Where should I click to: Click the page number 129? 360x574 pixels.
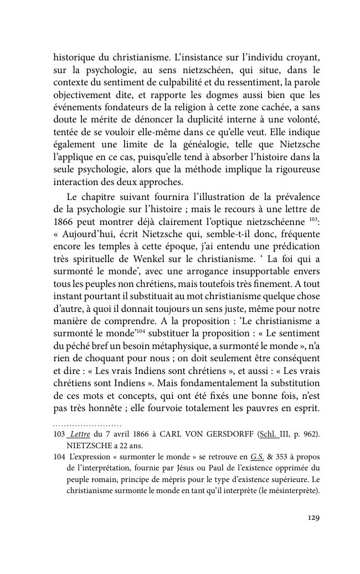click(313, 518)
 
